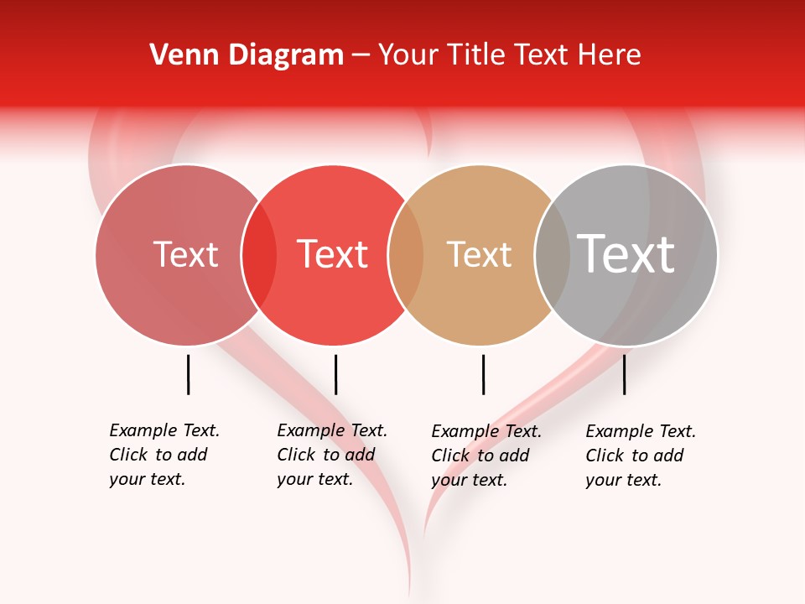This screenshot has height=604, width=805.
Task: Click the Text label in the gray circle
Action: click(626, 253)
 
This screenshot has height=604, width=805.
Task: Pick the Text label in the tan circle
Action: click(479, 255)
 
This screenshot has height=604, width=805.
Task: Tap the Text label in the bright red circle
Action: click(332, 254)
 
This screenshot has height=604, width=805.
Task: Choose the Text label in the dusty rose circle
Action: click(185, 254)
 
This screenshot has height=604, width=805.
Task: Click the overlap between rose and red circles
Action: click(259, 255)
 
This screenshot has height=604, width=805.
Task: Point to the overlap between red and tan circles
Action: click(406, 255)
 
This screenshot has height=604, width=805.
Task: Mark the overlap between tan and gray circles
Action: click(553, 255)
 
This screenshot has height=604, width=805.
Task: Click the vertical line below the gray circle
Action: click(625, 374)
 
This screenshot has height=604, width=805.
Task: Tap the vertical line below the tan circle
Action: click(483, 374)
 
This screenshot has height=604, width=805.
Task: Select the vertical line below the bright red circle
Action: click(335, 374)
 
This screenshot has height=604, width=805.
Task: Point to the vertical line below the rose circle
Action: click(188, 374)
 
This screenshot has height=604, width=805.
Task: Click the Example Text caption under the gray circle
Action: click(640, 456)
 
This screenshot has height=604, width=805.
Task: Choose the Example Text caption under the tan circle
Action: click(486, 456)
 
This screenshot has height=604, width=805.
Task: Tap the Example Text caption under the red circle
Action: click(331, 455)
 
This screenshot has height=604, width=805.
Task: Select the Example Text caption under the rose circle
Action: click(164, 455)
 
